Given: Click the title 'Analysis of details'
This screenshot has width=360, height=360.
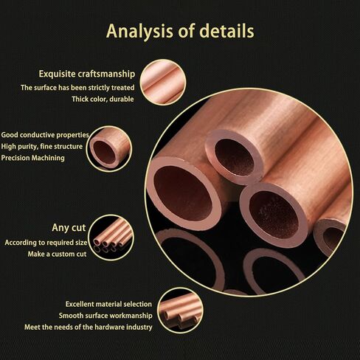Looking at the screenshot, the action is point(180,31).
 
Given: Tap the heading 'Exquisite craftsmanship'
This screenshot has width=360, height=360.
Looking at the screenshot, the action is point(87,74).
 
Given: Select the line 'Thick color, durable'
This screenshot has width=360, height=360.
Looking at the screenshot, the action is point(103,99).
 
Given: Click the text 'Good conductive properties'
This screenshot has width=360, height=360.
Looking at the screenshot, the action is point(45,135).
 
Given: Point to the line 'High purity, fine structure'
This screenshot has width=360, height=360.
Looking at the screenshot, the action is point(42,146).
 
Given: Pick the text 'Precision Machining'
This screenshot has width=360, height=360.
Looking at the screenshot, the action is point(32,158).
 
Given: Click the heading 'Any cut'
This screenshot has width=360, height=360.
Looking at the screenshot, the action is point(69,228).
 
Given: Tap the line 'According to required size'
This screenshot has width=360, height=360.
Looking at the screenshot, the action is point(46,243).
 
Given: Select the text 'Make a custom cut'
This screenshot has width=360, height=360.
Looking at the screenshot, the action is point(57,254).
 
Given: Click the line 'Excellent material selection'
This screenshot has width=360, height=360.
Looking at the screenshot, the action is point(108,304).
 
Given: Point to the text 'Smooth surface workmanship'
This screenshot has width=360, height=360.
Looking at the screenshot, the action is point(105,316).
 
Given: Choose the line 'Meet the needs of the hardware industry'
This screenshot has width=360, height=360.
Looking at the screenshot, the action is point(89,327).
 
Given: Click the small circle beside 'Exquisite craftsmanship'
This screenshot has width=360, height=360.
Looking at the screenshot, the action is point(163,82).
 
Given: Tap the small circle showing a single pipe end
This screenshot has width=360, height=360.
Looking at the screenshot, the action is point(109,149).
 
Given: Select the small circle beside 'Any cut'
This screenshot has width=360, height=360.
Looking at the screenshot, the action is point(111,238).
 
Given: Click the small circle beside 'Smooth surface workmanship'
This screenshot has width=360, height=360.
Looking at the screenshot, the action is point(180,311).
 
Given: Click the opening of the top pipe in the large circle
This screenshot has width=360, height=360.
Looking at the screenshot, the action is point(234,157).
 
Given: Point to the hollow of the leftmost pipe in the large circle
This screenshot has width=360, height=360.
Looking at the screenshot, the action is point(183,193).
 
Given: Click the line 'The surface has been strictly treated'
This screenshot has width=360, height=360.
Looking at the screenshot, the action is point(77,88).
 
